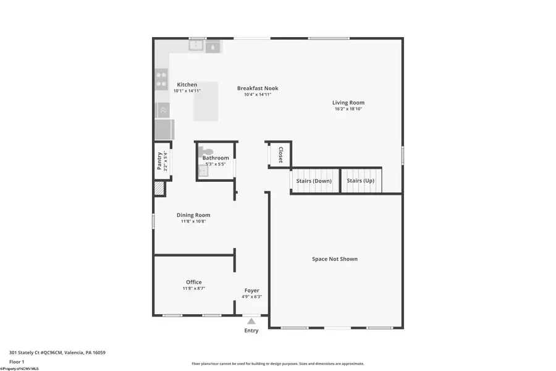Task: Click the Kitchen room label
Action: [187, 85]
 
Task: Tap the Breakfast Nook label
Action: [257, 88]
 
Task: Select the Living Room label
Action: [348, 103]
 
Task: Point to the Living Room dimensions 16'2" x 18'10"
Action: [348, 109]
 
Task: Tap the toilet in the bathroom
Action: [207, 151]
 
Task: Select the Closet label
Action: [280, 155]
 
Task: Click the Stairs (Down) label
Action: [314, 181]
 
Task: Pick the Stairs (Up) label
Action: [360, 181]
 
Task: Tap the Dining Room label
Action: [193, 215]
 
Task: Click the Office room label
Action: [193, 282]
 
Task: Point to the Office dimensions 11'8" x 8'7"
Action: [193, 288]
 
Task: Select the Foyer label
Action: [251, 291]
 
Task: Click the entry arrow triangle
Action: [251, 321]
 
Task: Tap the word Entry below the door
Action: [251, 330]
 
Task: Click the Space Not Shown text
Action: [335, 259]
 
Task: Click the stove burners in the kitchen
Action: [161, 79]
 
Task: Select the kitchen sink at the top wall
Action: [197, 45]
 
